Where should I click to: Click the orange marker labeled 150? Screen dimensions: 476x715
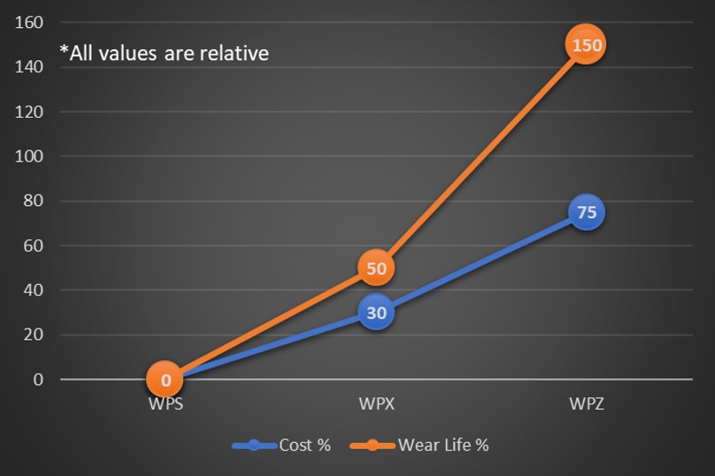coord(585,45)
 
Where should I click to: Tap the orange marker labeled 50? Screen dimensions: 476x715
coord(375,268)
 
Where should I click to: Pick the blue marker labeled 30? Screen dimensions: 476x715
coord(375,313)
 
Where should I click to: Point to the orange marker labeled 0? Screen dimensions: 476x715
coord(165,380)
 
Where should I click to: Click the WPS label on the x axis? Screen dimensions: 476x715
coord(165,405)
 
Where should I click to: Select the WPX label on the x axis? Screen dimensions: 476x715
coord(375,405)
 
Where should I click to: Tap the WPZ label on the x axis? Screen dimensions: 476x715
coord(586,405)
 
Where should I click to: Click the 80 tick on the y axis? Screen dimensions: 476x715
coord(32,201)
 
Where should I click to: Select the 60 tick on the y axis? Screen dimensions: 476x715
coord(32,245)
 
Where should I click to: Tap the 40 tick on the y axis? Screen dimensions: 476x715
coord(32,290)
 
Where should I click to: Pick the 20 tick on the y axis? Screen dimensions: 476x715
coord(32,335)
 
